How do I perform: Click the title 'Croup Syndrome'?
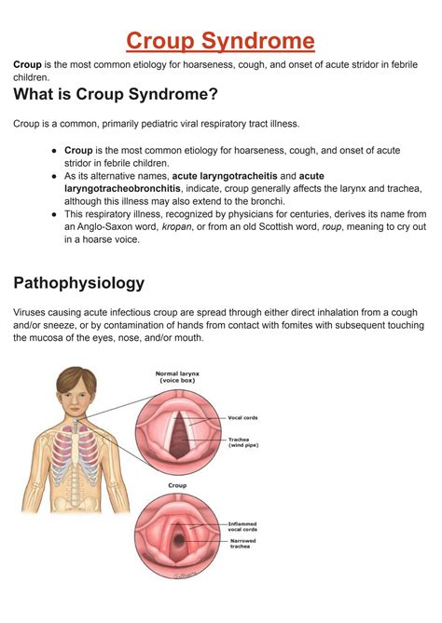220,41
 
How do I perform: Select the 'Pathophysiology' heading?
78,282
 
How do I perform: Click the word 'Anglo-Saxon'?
106,226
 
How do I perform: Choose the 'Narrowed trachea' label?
242,544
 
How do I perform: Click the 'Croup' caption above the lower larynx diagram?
176,485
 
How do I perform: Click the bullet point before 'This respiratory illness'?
55,213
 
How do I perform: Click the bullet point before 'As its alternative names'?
55,174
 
